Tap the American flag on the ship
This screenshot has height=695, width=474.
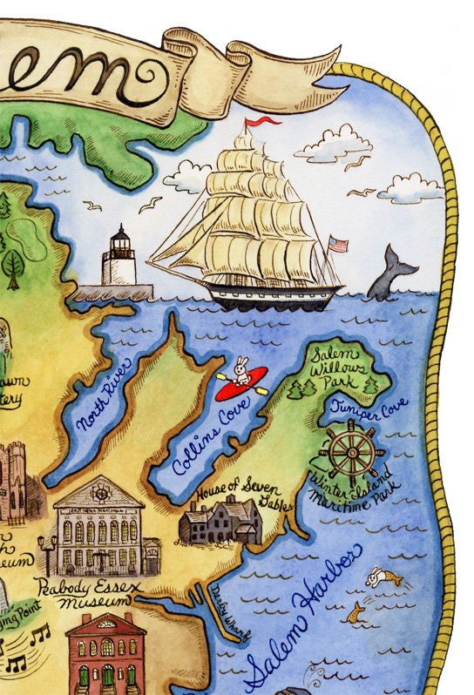pyautogui.click(x=337, y=243)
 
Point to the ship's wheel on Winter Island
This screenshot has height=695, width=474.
pyautogui.click(x=351, y=452)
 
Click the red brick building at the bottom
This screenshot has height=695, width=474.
pyautogui.click(x=105, y=653)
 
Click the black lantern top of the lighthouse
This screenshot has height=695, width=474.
pyautogui.click(x=120, y=236)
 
